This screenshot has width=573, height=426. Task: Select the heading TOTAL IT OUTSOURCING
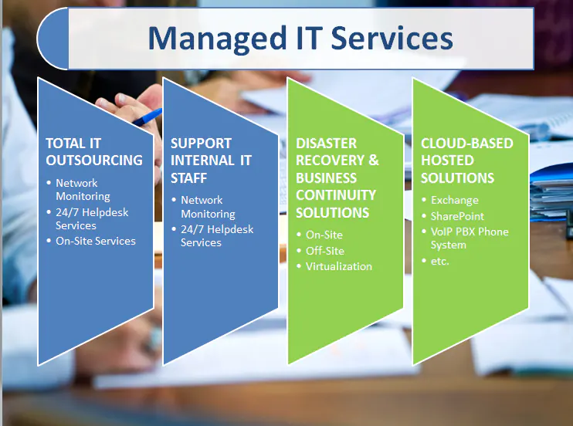click(x=94, y=152)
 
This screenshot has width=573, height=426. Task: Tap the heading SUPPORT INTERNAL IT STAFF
click(x=211, y=161)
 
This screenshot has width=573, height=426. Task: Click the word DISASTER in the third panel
click(x=326, y=144)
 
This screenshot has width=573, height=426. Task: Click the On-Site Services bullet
click(x=95, y=241)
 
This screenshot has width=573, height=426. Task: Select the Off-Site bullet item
click(x=324, y=251)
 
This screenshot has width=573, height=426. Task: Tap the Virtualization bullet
click(x=338, y=266)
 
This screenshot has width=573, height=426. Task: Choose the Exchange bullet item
click(x=454, y=201)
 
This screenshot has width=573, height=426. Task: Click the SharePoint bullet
click(x=457, y=216)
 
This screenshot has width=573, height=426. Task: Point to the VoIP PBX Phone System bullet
click(x=469, y=238)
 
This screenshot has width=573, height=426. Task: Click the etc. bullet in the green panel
click(x=439, y=261)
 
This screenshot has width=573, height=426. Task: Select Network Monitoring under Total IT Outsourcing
click(x=82, y=190)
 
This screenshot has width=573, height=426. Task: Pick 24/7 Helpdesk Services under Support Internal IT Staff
click(x=216, y=235)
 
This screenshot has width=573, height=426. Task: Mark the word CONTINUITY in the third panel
click(x=336, y=194)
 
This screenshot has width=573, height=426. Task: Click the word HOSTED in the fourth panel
click(x=446, y=161)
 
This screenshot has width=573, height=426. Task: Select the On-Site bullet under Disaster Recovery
click(x=324, y=235)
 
